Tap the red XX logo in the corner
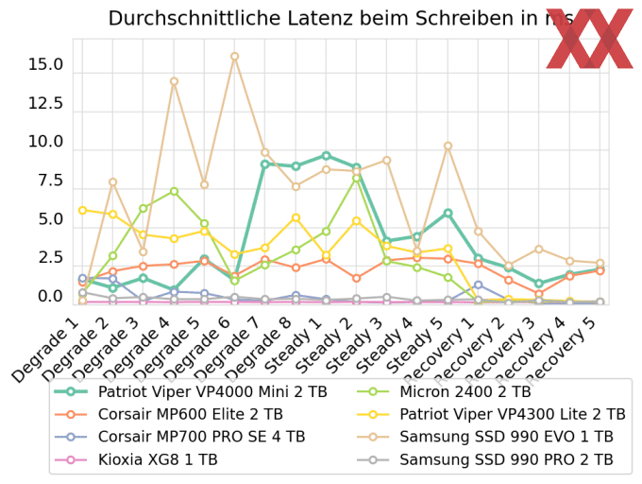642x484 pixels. pos(589,39)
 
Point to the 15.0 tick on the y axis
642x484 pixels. pos(45,65)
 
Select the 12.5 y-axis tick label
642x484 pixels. pos(45,104)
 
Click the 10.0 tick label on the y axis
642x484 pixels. pos(45,143)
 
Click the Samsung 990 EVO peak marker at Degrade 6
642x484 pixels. pos(235,57)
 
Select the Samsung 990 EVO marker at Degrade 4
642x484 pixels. pos(174,81)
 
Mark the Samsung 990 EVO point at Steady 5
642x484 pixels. pos(448,147)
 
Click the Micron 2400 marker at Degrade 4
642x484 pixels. pos(174,192)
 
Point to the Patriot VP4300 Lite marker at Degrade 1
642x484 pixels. pos(83,210)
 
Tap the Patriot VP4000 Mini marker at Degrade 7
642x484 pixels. pos(265,164)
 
